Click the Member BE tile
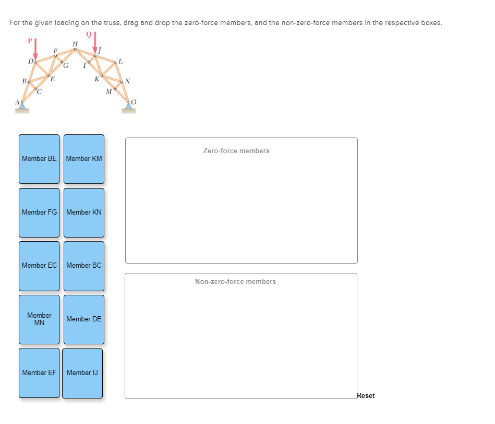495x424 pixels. [x=39, y=159]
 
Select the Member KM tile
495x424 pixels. [x=84, y=159]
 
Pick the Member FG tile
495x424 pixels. [x=39, y=213]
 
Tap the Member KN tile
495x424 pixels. [x=84, y=213]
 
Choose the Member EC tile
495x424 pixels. [x=39, y=266]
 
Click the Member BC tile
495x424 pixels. [x=84, y=266]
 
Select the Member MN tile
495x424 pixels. [x=39, y=319]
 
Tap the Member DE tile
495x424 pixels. [x=84, y=319]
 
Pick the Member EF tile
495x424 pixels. [x=39, y=373]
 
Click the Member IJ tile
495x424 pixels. [x=82, y=373]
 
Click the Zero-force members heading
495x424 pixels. [x=236, y=151]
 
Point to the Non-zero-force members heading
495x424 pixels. [x=236, y=282]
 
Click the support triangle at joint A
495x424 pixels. [x=21, y=106]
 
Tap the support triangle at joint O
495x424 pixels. [x=128, y=106]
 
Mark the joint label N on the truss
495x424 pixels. [x=128, y=81]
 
